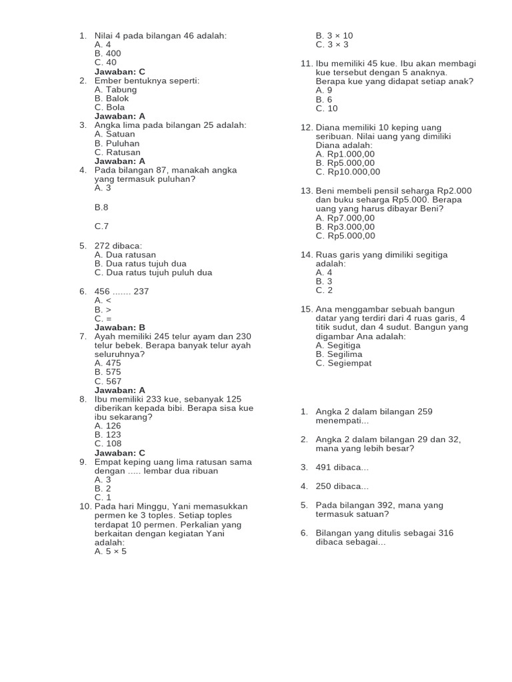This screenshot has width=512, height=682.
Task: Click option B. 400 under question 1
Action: (108, 53)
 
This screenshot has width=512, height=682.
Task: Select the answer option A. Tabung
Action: (115, 89)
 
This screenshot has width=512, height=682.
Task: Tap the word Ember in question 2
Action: (108, 81)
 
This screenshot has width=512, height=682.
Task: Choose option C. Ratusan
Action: (117, 152)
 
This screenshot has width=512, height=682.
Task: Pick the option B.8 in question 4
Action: (101, 207)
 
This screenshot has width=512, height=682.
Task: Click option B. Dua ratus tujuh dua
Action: (141, 263)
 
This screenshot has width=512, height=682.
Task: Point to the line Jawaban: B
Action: (120, 328)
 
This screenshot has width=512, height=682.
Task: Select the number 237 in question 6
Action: (141, 291)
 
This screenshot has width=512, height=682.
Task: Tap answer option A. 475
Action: (108, 363)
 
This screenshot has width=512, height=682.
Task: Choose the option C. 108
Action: (108, 444)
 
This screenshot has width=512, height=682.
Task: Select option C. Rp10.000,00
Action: (348, 172)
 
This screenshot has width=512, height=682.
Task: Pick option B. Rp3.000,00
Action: (345, 226)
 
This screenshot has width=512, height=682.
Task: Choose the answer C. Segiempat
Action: (344, 363)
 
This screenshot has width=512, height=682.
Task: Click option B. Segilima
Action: (339, 354)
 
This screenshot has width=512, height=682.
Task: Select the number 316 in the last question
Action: (461, 533)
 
